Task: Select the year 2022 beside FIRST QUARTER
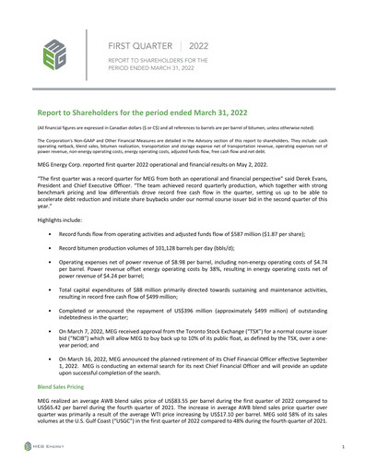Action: (x=198, y=44)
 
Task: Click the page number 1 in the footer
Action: (x=342, y=445)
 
